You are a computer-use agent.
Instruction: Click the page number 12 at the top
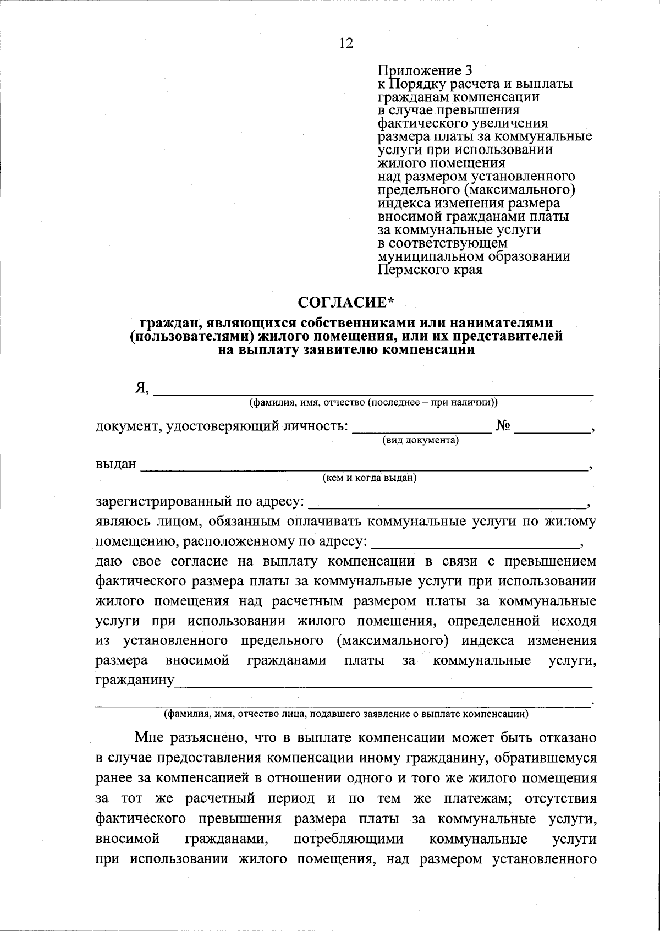pyautogui.click(x=346, y=43)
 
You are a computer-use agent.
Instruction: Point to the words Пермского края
pyautogui.click(x=431, y=270)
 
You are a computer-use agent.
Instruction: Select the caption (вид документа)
pyautogui.click(x=421, y=441)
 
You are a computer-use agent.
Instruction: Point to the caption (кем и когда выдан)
pyautogui.click(x=370, y=478)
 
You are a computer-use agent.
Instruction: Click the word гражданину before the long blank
pyautogui.click(x=135, y=681)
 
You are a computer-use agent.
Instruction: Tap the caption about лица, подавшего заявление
pyautogui.click(x=346, y=715)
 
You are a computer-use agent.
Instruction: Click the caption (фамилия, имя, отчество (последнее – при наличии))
pyautogui.click(x=373, y=403)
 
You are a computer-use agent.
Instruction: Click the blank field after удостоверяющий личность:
pyautogui.click(x=421, y=428)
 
